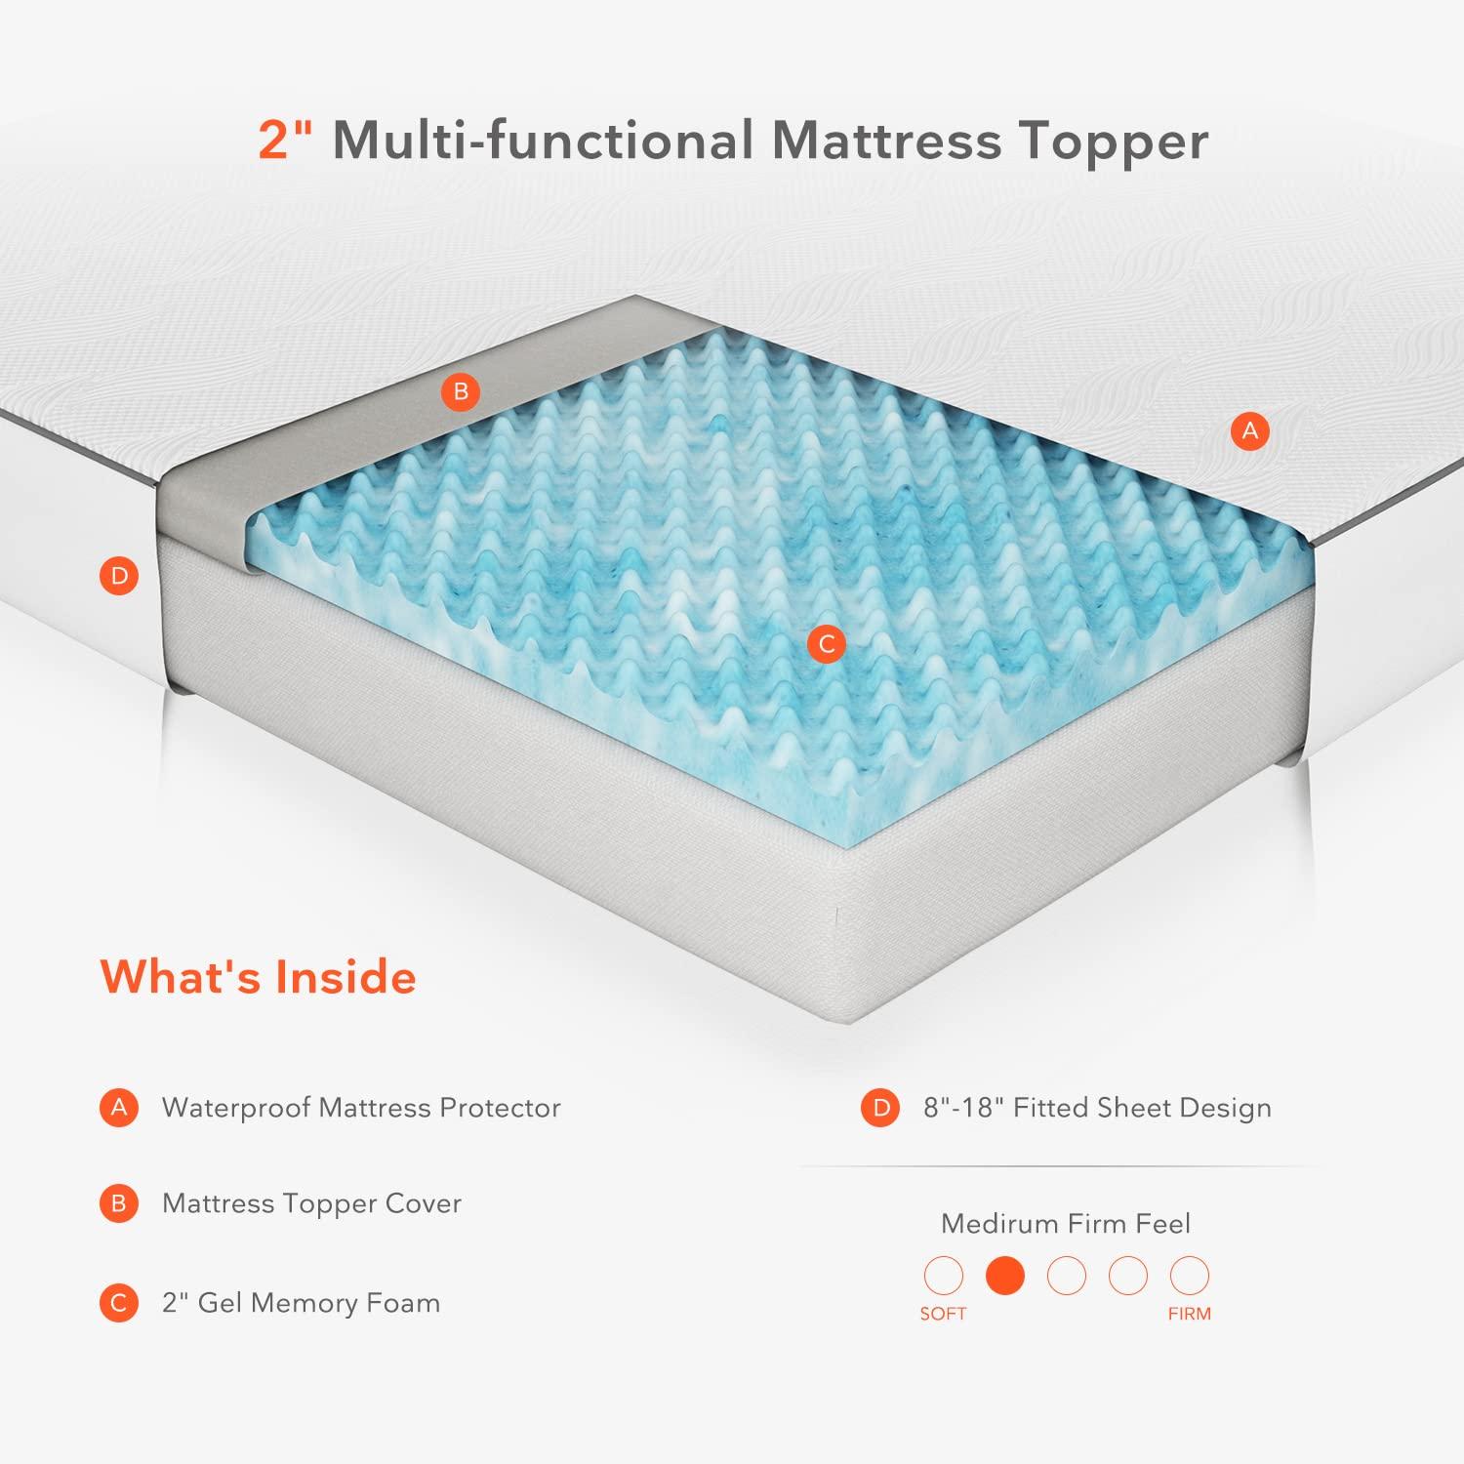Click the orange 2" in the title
click(284, 140)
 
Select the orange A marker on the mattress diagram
click(1250, 430)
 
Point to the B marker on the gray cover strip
click(461, 392)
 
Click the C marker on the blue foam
click(827, 644)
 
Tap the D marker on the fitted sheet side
click(119, 576)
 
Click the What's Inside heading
click(259, 977)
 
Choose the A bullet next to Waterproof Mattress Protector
click(119, 1108)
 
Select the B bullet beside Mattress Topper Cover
click(119, 1203)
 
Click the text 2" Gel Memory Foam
click(301, 1303)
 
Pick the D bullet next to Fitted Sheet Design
click(880, 1108)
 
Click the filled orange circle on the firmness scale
click(1005, 1276)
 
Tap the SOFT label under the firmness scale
click(943, 1314)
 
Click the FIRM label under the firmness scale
click(1189, 1314)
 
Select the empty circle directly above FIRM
click(1189, 1276)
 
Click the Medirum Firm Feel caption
click(1066, 1224)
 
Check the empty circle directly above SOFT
click(943, 1276)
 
